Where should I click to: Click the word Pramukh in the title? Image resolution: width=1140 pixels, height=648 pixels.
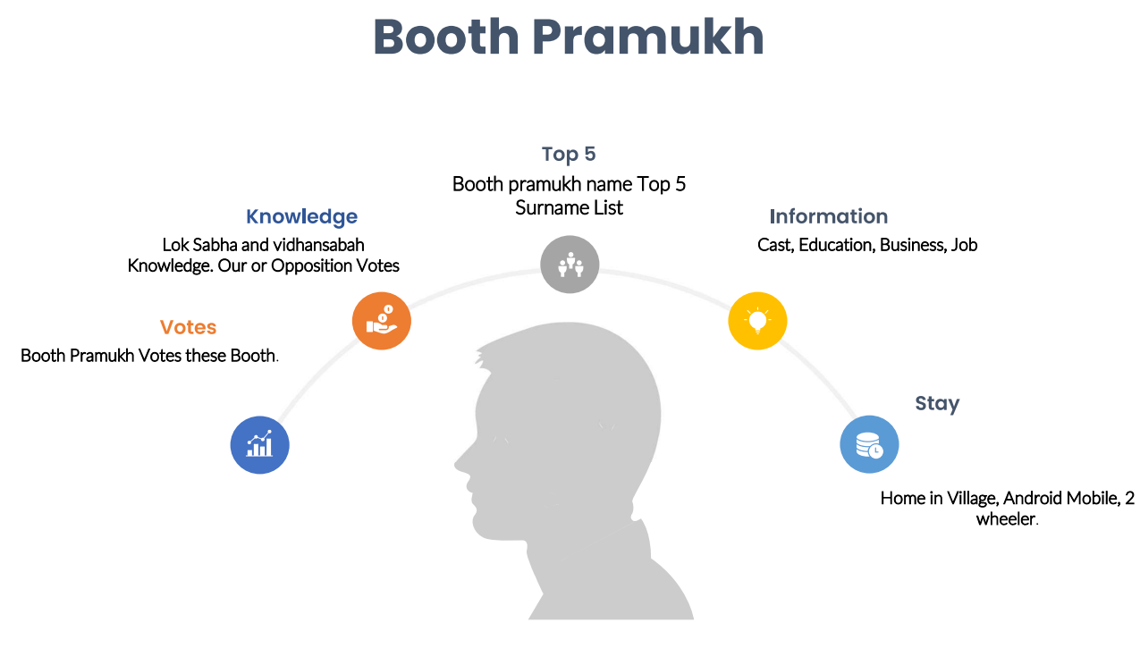pyautogui.click(x=648, y=37)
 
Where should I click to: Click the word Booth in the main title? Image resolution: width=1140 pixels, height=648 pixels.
pyautogui.click(x=446, y=37)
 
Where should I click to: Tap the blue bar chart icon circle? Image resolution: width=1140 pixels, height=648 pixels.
pyautogui.click(x=259, y=445)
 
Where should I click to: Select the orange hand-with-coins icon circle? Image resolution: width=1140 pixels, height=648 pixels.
pyautogui.click(x=381, y=321)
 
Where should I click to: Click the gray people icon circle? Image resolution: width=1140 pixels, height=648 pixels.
pyautogui.click(x=570, y=265)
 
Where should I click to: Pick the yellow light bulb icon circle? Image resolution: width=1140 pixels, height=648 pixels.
pyautogui.click(x=757, y=321)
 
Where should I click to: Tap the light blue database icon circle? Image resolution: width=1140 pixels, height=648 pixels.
pyautogui.click(x=869, y=444)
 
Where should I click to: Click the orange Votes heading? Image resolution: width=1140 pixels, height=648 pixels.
pyautogui.click(x=189, y=327)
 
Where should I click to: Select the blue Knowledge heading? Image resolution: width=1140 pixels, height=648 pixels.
pyautogui.click(x=302, y=217)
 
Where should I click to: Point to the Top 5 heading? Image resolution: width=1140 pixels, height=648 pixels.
pyautogui.click(x=569, y=155)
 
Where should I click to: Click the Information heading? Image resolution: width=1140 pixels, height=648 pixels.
pyautogui.click(x=829, y=216)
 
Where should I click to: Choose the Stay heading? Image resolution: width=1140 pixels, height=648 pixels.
pyautogui.click(x=937, y=404)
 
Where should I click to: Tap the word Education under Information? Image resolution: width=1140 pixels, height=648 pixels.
pyautogui.click(x=837, y=246)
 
